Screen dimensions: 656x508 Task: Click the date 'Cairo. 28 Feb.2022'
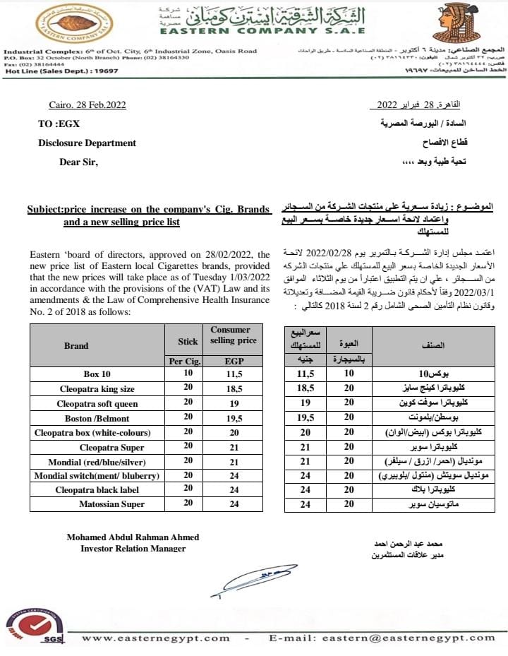[x=87, y=105]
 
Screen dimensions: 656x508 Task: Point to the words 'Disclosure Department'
[x=87, y=143]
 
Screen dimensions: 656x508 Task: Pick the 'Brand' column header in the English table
[x=76, y=345]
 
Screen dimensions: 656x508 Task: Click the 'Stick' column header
[x=188, y=341]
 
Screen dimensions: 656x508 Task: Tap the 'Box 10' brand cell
[x=97, y=374]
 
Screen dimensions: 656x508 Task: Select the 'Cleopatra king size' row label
[x=97, y=389]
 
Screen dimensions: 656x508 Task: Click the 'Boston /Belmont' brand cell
[x=97, y=417]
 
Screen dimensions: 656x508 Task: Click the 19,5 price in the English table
[x=233, y=417]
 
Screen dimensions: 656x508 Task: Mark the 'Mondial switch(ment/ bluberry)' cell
[x=97, y=475]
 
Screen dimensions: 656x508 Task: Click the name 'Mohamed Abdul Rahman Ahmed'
[x=133, y=537]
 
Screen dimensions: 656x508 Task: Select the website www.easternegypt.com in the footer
[x=156, y=638]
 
